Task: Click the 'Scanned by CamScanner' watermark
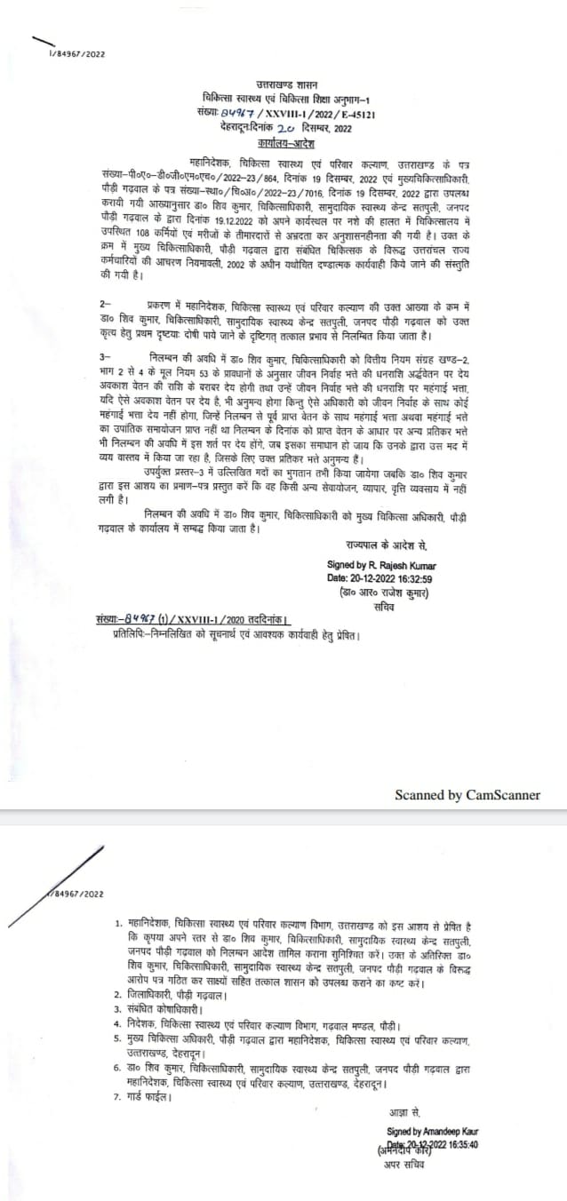467,795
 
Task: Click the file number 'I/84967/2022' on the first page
77,54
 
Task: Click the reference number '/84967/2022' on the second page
77,894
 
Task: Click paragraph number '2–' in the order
106,305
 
